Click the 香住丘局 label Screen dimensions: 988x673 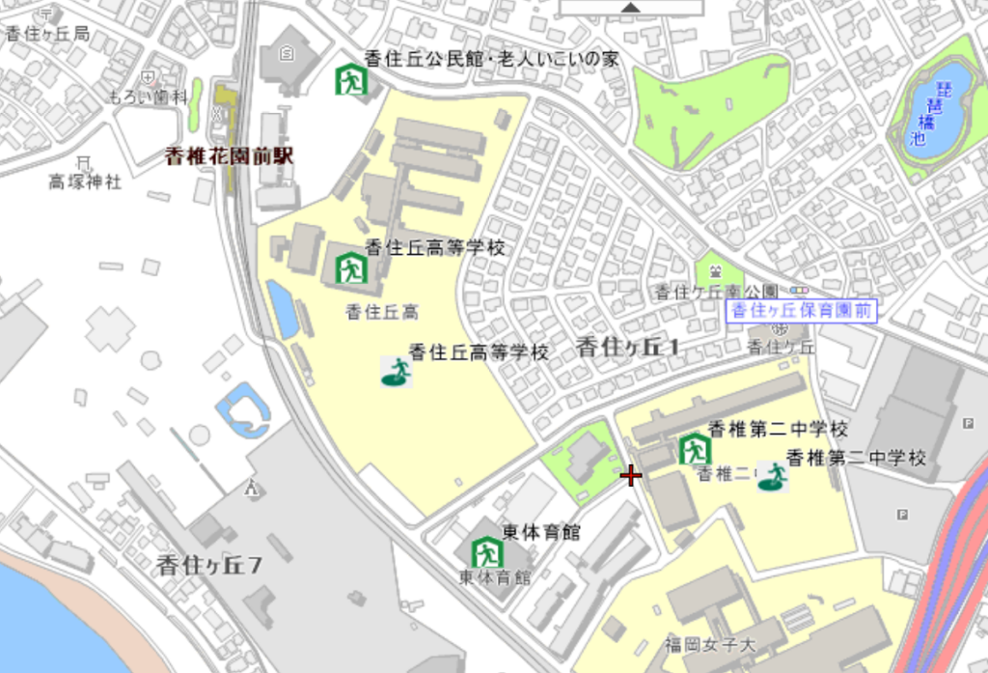pos(47,34)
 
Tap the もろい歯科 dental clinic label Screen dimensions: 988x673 pos(147,97)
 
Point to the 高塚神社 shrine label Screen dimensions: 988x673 pos(86,182)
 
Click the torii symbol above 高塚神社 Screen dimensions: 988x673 pos(84,161)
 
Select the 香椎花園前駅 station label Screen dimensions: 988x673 pos(229,156)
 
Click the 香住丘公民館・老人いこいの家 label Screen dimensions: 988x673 pos(491,59)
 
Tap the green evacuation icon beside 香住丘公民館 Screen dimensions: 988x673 pos(351,79)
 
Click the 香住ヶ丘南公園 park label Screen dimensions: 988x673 pos(716,292)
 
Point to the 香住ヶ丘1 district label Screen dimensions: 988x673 pos(628,348)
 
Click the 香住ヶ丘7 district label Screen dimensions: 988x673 pos(209,567)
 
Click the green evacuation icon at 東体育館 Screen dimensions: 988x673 pos(487,552)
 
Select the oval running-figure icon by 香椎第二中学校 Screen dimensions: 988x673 pos(772,477)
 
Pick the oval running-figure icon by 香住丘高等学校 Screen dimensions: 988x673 pos(396,372)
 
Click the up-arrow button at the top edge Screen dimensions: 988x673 pos(631,7)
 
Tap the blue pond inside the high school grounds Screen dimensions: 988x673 pos(282,309)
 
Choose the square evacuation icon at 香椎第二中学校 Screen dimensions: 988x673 pos(694,449)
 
